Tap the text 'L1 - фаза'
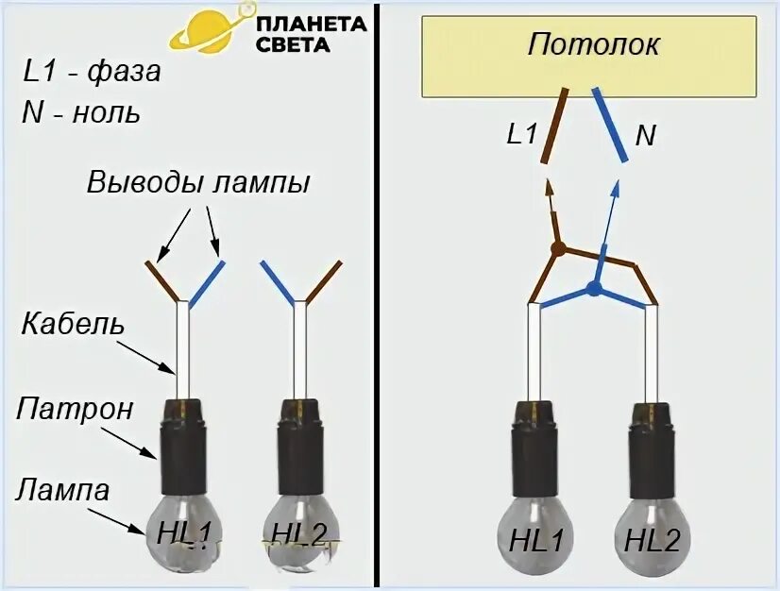[93, 73]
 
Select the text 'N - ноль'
[81, 113]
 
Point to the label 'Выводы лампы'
[198, 182]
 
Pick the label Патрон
[75, 410]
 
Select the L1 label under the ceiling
[521, 135]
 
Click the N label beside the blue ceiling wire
[645, 135]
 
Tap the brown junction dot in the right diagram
[558, 249]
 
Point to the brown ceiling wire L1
[554, 125]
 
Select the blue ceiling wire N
[610, 124]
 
